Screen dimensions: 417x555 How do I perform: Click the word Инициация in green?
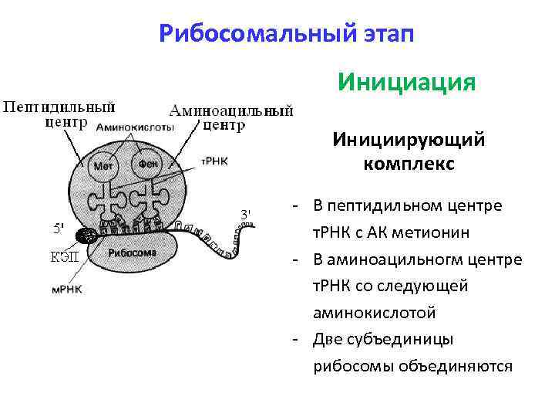tap(406, 82)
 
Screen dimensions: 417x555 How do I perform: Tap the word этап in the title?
tap(385, 34)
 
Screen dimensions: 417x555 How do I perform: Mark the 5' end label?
tap(58, 228)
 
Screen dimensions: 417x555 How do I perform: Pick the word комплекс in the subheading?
tap(409, 164)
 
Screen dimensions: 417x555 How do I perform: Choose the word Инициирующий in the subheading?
tap(409, 141)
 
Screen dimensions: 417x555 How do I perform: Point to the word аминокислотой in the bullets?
tap(374, 312)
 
